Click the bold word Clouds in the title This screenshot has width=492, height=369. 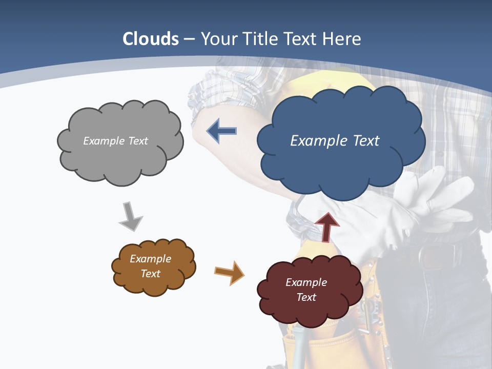point(151,39)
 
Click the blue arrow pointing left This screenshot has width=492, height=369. point(221,131)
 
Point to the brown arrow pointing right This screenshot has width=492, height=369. point(229,272)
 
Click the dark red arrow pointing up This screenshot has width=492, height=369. point(327,226)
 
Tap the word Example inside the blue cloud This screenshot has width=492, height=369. point(314,141)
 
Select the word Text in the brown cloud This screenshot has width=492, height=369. point(151,274)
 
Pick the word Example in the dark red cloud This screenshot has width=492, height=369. point(306,282)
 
